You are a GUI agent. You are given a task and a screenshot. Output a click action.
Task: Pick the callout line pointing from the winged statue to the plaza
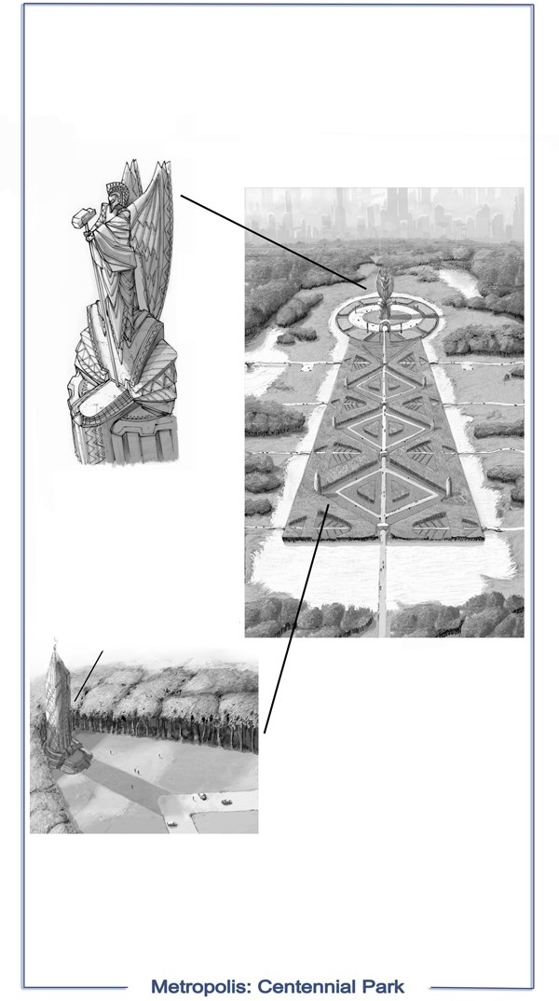(273, 242)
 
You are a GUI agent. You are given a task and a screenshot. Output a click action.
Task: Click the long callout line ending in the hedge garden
(296, 618)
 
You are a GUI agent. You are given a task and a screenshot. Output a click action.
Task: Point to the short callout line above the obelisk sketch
(89, 676)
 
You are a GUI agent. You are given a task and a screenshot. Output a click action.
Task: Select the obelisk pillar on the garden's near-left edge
(317, 484)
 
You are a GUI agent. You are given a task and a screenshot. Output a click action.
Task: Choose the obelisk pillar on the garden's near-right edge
(449, 487)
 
